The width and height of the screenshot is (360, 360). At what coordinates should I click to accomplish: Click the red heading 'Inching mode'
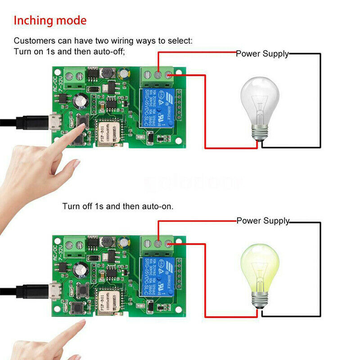click(50, 21)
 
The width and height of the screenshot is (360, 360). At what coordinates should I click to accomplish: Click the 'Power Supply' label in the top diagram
click(262, 54)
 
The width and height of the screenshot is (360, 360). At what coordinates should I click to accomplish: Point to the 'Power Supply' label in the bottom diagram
click(263, 221)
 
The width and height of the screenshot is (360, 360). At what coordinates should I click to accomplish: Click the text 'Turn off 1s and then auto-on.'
click(118, 207)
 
